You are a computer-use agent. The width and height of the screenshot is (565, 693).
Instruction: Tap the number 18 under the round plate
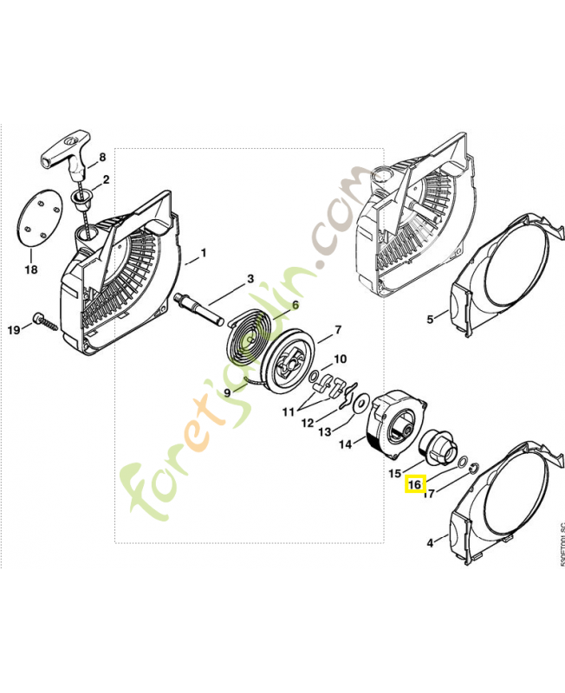30,270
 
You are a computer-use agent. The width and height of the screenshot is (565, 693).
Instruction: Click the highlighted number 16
414,486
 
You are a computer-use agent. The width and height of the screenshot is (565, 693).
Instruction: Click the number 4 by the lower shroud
431,543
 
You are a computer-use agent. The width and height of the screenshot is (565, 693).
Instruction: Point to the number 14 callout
344,445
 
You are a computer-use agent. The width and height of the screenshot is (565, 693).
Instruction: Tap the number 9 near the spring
228,392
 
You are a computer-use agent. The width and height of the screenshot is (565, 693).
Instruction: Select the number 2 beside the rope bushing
106,180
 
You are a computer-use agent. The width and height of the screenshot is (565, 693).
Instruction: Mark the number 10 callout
340,359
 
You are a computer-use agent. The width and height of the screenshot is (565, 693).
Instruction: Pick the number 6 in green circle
295,305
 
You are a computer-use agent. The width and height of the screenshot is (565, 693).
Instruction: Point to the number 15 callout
394,474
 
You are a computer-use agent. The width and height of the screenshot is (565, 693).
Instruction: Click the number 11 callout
288,411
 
